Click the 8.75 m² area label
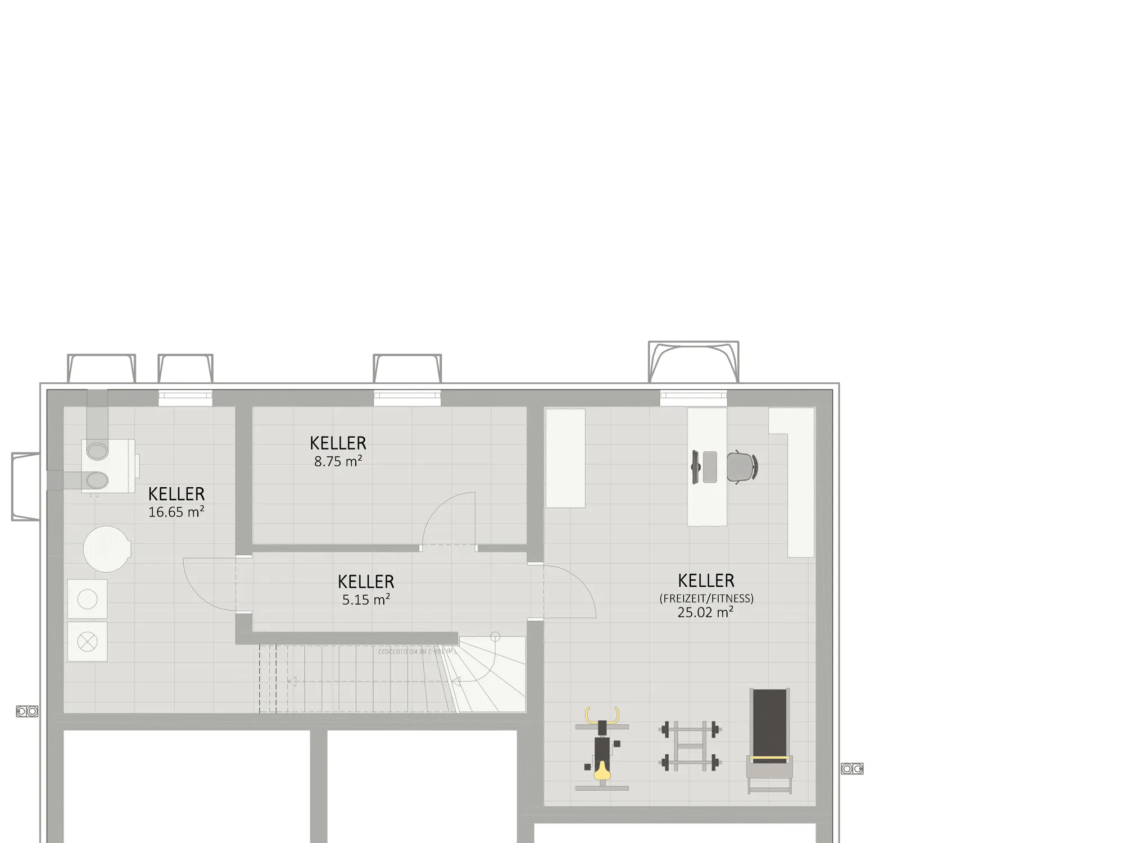338,462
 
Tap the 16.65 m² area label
176,513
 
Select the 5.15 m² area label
366,600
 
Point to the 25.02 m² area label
705,613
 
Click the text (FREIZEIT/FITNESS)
706,599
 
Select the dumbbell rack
690,746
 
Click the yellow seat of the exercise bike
602,771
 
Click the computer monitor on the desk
695,467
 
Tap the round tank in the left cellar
107,549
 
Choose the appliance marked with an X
87,641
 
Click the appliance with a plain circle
87,599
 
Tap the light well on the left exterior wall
25,487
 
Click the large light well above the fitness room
694,361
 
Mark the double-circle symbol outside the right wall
852,768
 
